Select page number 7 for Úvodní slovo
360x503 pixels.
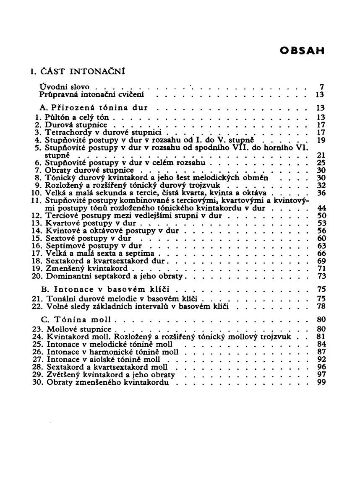321,88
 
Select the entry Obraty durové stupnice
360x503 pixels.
91,170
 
